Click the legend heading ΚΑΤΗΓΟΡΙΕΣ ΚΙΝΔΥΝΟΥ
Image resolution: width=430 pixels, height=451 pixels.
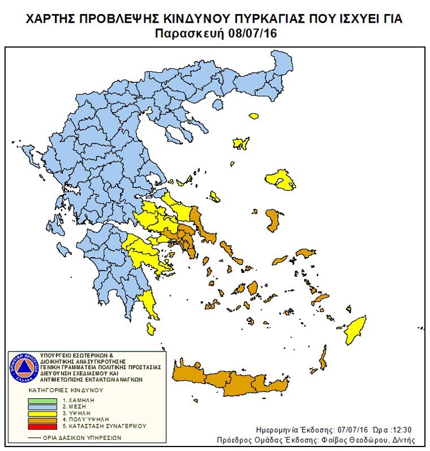click(67, 391)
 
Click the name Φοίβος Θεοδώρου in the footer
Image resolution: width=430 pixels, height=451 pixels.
click(363, 440)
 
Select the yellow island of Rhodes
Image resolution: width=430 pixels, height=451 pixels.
click(356, 329)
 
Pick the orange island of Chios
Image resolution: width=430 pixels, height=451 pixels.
click(274, 219)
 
